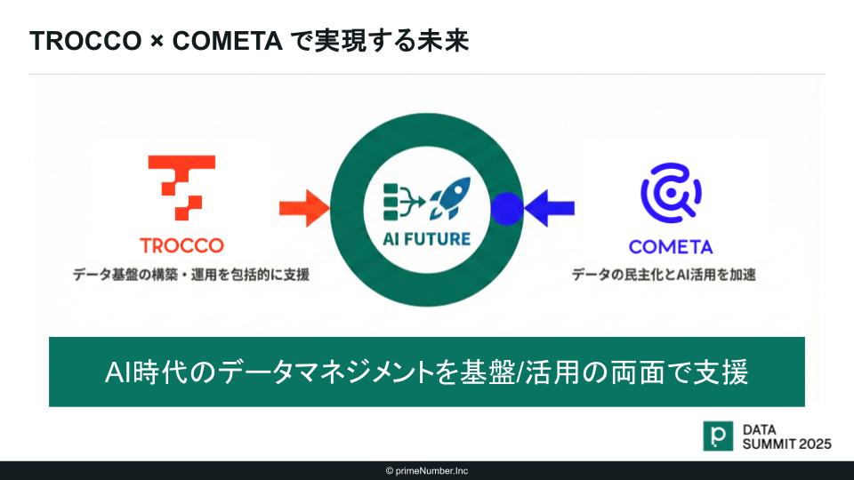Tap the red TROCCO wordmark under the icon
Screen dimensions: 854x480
pyautogui.click(x=181, y=245)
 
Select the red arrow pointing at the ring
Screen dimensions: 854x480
pyautogui.click(x=304, y=208)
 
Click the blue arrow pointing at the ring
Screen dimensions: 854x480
pyautogui.click(x=549, y=208)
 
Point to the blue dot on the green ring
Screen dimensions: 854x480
pyautogui.click(x=506, y=208)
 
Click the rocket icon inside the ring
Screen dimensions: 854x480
pyautogui.click(x=450, y=198)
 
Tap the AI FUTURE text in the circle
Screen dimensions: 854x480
pyautogui.click(x=426, y=239)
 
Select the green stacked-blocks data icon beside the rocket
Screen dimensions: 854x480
pyautogui.click(x=404, y=202)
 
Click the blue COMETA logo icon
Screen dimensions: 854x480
pyautogui.click(x=671, y=193)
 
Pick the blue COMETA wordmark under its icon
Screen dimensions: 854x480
pyautogui.click(x=671, y=247)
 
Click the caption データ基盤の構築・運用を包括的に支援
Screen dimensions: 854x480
pyautogui.click(x=191, y=275)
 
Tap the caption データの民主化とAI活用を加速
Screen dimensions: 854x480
pyautogui.click(x=664, y=275)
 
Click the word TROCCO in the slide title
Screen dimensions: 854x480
pyautogui.click(x=85, y=41)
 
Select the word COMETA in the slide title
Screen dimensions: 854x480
pyautogui.click(x=227, y=41)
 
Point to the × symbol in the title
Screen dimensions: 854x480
pyautogui.click(x=157, y=42)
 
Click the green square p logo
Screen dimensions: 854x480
pyautogui.click(x=718, y=436)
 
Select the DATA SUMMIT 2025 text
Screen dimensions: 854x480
pyautogui.click(x=787, y=437)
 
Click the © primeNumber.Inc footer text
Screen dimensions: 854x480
pyautogui.click(x=427, y=471)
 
